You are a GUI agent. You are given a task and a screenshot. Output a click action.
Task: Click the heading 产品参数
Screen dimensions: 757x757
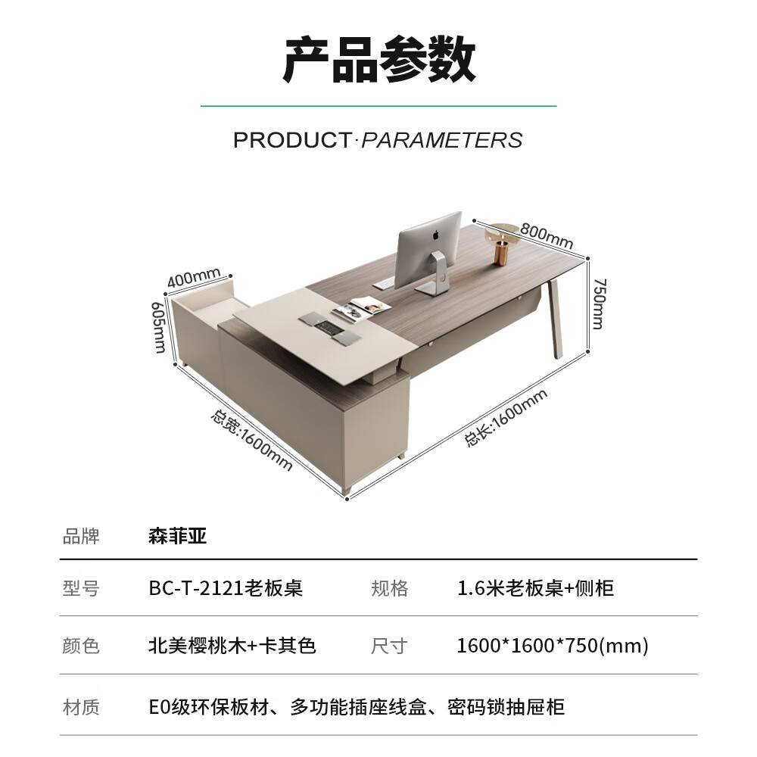[x=378, y=61]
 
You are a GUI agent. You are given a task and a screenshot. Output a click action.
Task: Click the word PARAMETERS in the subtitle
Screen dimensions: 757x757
[x=441, y=140]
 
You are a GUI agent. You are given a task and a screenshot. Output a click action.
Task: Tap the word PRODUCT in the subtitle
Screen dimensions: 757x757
[x=291, y=140]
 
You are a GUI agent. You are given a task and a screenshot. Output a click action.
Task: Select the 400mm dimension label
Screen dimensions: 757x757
[x=193, y=277]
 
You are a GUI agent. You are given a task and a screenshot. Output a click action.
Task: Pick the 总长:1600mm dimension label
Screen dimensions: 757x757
[x=505, y=417]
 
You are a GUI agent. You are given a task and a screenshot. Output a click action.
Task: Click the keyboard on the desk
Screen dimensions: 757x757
[x=384, y=283]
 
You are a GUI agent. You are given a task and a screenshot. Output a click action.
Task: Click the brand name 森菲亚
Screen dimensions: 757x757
[x=178, y=537]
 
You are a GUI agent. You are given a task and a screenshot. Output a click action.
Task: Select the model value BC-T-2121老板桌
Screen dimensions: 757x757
[x=226, y=588]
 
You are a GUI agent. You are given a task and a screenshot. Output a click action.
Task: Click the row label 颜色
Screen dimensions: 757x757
[x=81, y=646]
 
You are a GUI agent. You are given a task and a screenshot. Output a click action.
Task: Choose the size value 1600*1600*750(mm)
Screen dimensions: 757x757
[x=553, y=646]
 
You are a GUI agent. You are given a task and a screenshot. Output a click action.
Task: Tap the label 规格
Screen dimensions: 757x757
[x=390, y=588]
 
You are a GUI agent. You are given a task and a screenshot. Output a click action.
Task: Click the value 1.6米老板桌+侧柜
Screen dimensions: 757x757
[x=535, y=588]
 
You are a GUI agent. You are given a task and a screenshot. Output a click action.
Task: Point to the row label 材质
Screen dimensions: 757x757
[x=81, y=707]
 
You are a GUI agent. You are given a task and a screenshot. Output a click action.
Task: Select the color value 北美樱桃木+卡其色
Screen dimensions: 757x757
[x=232, y=646]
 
